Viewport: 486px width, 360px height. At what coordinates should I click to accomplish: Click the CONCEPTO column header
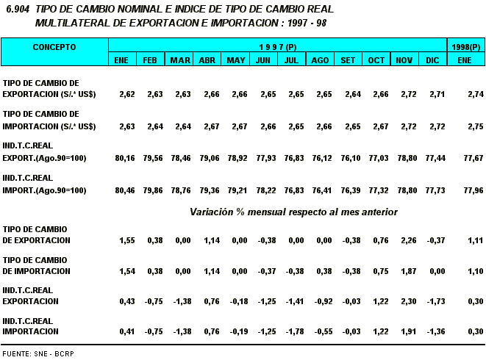54,46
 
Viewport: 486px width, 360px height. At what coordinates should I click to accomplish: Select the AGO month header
320,60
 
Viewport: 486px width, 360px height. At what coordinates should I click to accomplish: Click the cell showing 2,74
465,95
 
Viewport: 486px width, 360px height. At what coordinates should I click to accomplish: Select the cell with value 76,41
320,190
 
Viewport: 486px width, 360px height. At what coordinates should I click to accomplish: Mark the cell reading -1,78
292,332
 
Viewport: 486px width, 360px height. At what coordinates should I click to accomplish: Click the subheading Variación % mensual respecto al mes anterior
294,212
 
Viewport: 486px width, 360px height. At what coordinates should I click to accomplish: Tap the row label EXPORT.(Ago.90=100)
45,158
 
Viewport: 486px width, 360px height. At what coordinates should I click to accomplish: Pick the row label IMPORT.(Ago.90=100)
45,190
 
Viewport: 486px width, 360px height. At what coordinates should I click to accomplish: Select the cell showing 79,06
207,158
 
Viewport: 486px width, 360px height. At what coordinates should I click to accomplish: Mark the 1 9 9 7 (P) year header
277,46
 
